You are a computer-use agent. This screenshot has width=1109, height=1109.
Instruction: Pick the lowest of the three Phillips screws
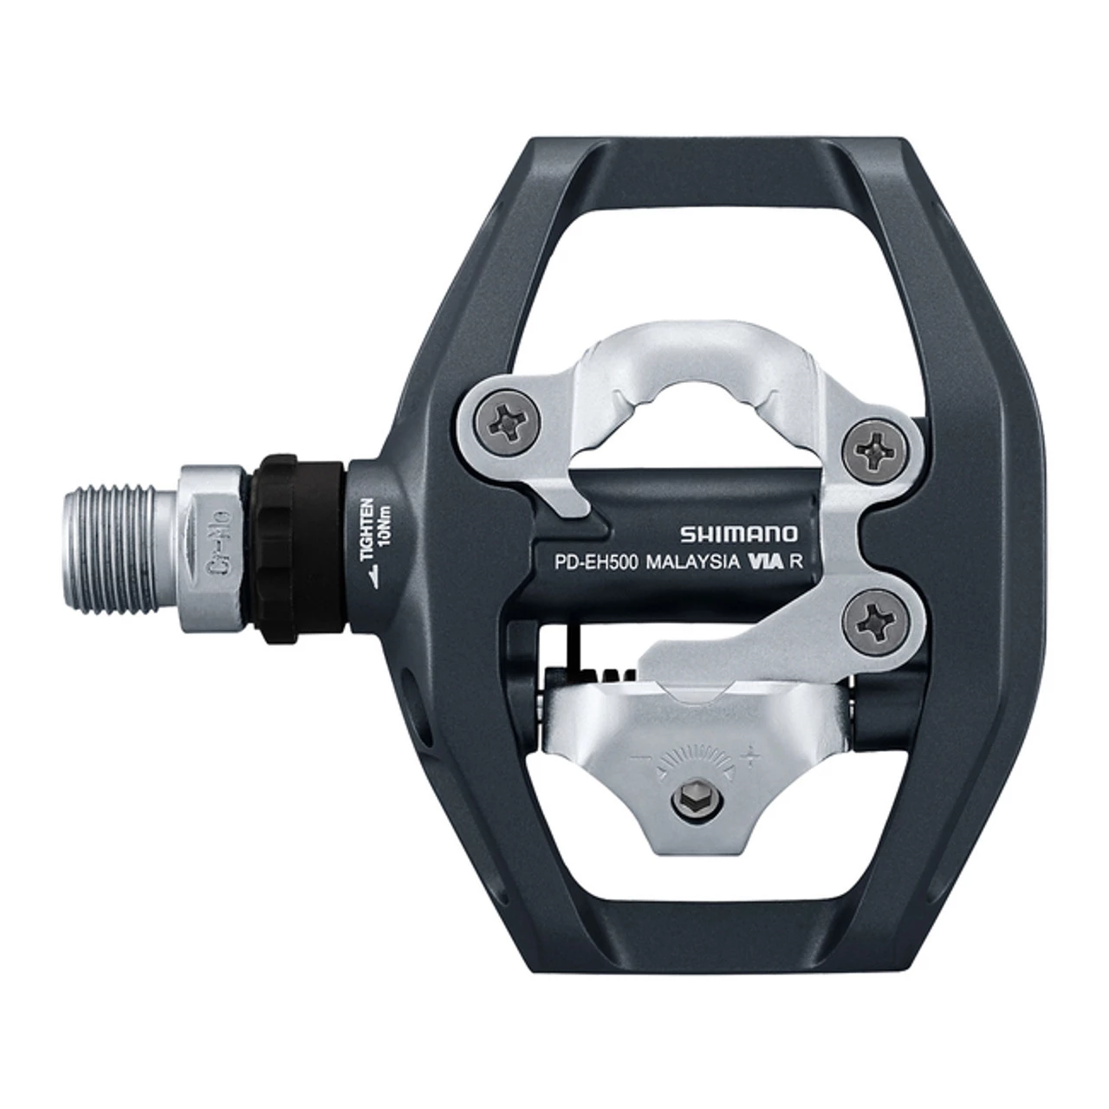click(870, 617)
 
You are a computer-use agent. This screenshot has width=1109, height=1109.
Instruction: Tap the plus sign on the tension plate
click(752, 756)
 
